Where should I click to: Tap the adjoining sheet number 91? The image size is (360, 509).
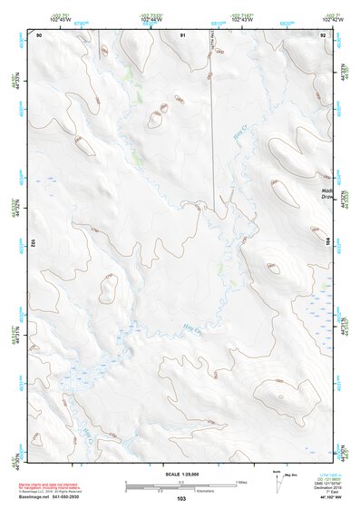click(x=182, y=34)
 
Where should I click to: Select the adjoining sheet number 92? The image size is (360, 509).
click(x=323, y=34)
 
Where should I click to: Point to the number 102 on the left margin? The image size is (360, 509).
click(x=32, y=242)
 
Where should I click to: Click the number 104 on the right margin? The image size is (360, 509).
click(x=328, y=242)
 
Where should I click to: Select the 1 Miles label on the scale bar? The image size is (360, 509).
click(x=240, y=481)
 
